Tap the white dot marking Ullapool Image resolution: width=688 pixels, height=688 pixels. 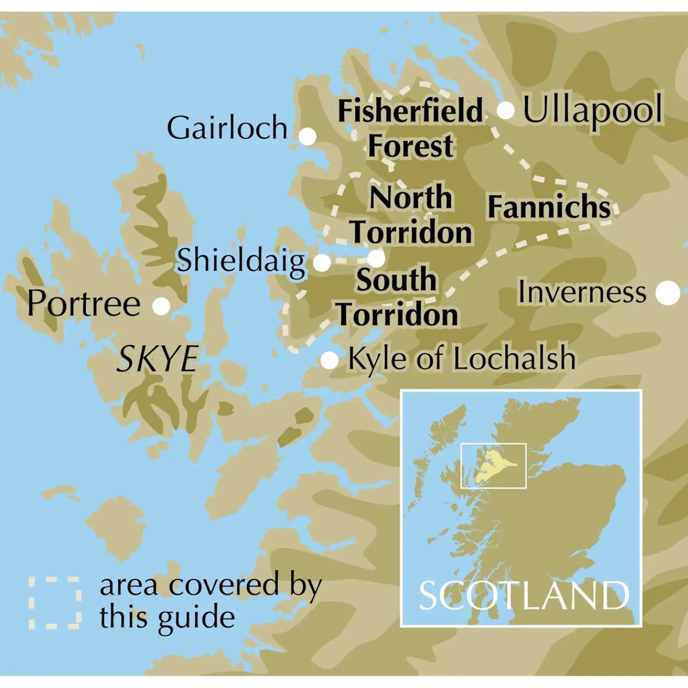tap(506, 111)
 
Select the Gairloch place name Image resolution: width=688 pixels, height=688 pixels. tap(227, 128)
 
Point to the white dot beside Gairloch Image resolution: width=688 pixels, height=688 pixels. tap(307, 137)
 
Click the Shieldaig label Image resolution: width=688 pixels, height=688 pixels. tap(241, 261)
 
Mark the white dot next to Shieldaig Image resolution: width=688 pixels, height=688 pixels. tap(322, 263)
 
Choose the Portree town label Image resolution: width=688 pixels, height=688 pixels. tap(84, 303)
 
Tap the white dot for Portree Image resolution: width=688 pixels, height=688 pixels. tap(161, 306)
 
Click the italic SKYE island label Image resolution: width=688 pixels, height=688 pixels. tap(157, 359)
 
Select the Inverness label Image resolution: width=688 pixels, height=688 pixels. tap(582, 292)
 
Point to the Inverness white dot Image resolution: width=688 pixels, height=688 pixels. tap(668, 292)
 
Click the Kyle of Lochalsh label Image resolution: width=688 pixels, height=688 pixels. tap(462, 359)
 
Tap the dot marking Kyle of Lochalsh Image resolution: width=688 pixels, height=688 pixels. tap(329, 360)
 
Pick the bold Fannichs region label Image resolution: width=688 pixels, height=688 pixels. tap(549, 207)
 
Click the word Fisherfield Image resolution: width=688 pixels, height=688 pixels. tap(410, 111)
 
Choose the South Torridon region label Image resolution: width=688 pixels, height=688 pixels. tap(397, 297)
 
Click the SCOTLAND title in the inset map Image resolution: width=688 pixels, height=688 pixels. tap(524, 596)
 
